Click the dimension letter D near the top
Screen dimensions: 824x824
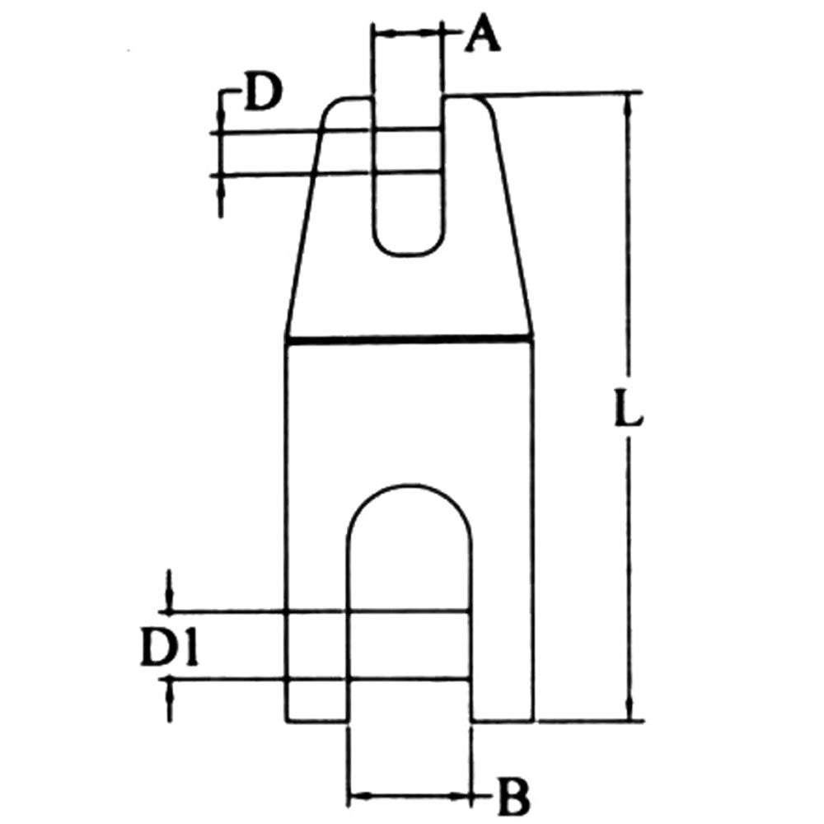click(x=264, y=92)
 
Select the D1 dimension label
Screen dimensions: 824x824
click(x=169, y=646)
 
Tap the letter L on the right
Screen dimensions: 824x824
click(x=629, y=406)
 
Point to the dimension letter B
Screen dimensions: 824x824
click(x=513, y=796)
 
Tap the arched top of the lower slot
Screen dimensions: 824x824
click(x=409, y=486)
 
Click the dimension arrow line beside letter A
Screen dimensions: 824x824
click(x=408, y=34)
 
